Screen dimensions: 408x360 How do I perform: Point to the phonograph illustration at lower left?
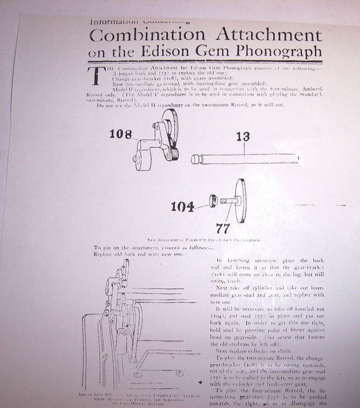134,326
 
